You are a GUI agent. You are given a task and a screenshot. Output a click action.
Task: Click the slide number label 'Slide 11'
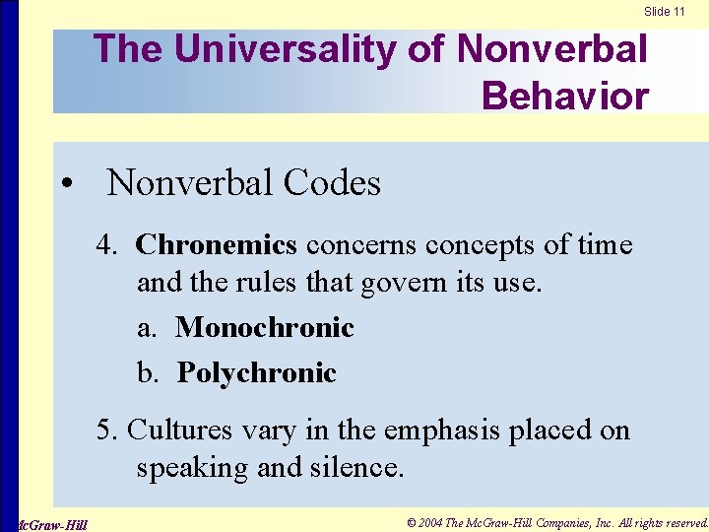665,12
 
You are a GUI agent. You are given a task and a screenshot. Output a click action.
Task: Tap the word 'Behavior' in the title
565,96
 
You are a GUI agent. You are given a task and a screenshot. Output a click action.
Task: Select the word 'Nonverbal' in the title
552,49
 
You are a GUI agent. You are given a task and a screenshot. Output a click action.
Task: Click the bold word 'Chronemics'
216,244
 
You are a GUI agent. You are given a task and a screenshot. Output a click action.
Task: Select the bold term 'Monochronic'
264,327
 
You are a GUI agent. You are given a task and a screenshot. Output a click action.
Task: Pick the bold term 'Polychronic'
256,372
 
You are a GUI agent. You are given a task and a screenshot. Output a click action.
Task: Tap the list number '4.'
107,244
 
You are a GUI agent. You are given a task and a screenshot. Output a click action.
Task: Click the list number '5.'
107,430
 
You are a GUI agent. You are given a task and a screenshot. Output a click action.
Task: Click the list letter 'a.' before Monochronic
148,327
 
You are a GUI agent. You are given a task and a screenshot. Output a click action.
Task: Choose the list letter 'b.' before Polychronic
149,372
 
